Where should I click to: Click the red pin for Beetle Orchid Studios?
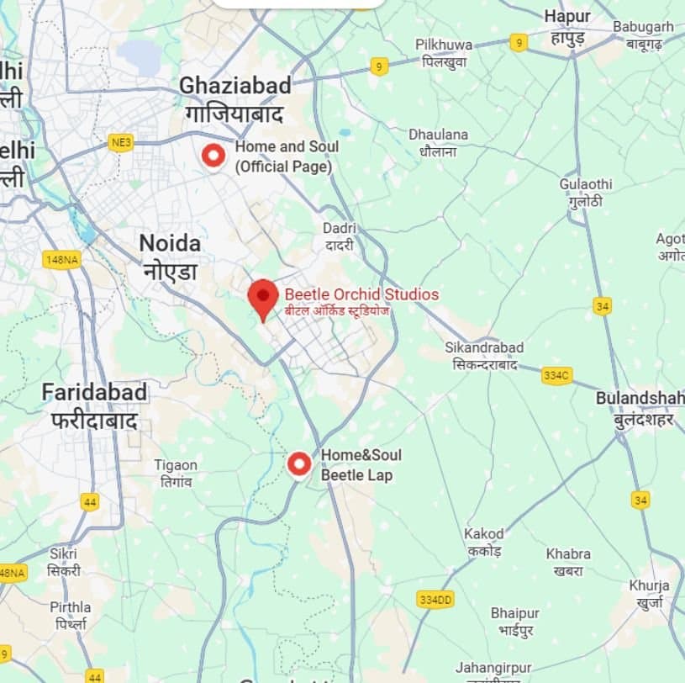(x=263, y=297)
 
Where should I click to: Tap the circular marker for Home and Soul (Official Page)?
(x=214, y=156)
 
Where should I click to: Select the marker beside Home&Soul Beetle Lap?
(x=299, y=463)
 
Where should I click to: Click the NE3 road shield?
(x=121, y=143)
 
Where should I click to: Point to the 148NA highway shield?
(x=61, y=260)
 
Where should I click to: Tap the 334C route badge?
(x=556, y=375)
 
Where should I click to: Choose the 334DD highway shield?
(x=435, y=600)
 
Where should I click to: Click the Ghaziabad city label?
(x=235, y=86)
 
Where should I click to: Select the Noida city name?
(x=170, y=244)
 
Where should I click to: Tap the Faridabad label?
(x=94, y=392)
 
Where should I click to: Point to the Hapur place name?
(x=567, y=17)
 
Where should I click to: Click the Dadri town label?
(x=340, y=229)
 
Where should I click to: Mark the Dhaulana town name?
(x=438, y=135)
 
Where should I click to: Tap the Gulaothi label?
(x=586, y=184)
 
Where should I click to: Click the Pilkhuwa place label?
(x=444, y=45)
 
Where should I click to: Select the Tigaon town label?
(x=176, y=465)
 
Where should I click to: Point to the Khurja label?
(x=649, y=585)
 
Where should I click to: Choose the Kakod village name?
(x=484, y=534)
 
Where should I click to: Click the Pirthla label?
(x=71, y=607)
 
